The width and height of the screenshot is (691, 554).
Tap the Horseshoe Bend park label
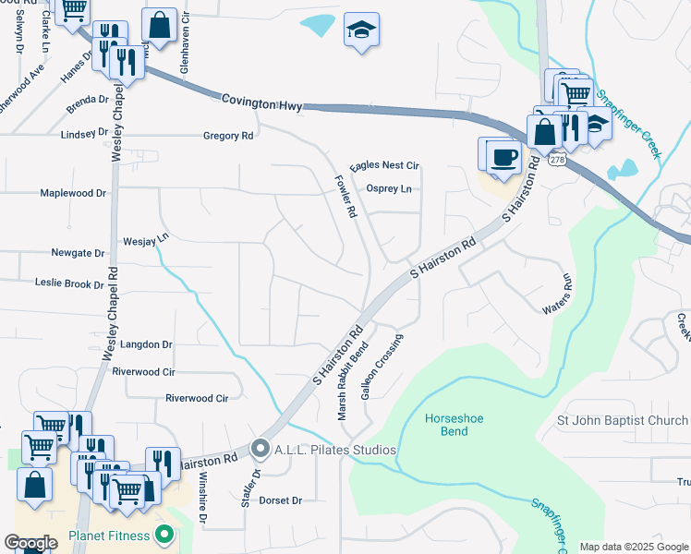coord(454,425)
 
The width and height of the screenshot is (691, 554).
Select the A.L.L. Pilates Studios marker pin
coord(260,451)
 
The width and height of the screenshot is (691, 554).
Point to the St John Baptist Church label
coord(622,421)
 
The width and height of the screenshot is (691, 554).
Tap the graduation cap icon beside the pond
coord(361,30)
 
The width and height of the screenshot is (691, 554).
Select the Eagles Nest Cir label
coord(384,165)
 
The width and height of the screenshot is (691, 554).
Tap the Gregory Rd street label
coord(228,136)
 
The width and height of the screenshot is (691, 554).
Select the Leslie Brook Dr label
coord(69,283)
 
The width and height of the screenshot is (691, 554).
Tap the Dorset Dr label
coord(280,500)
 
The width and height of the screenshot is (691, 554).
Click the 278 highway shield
coord(557,160)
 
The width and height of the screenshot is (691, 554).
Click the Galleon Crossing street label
coord(383,373)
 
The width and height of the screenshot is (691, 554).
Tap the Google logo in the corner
coord(30,543)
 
